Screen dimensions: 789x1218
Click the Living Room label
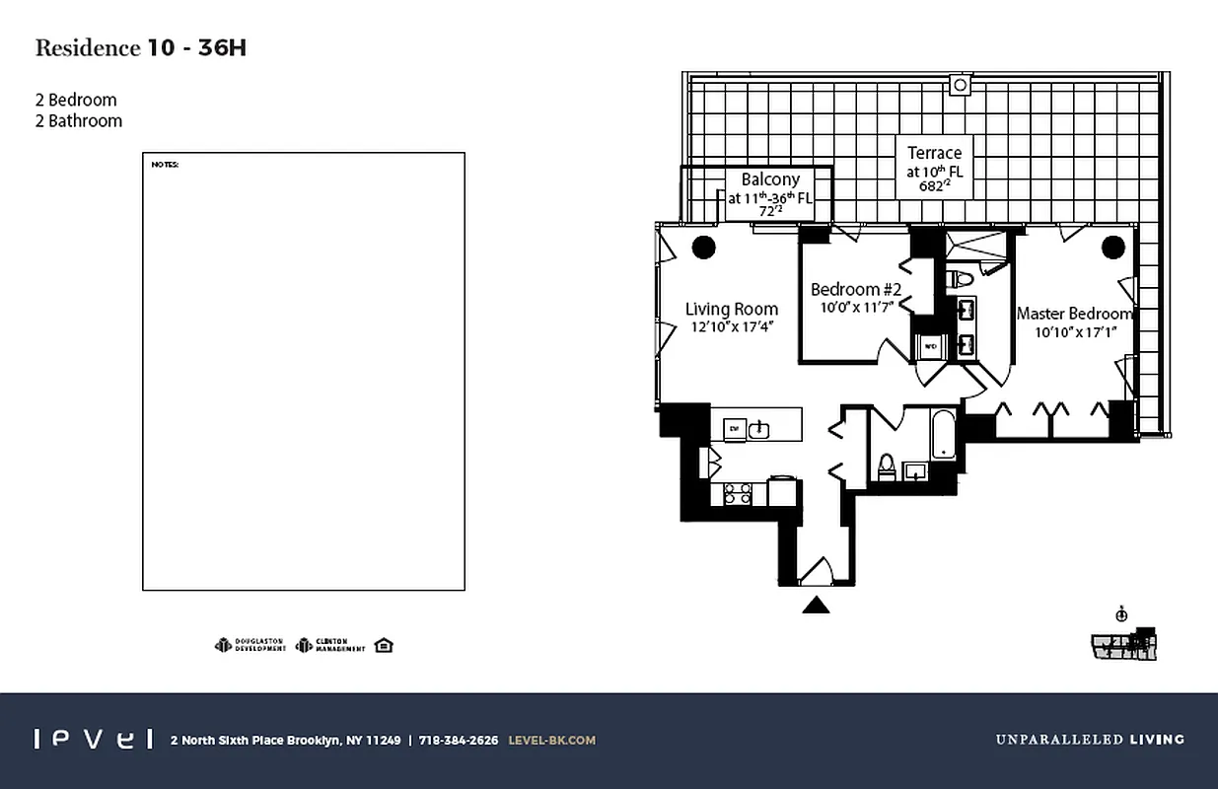click(x=731, y=310)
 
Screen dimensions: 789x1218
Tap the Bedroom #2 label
click(x=856, y=289)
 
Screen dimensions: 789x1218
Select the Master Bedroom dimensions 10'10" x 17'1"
click(x=1075, y=332)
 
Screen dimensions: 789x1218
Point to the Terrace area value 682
click(x=932, y=186)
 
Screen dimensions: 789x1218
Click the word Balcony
click(x=770, y=179)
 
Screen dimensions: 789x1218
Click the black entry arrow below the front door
click(x=816, y=605)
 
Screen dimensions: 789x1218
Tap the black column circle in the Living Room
click(x=703, y=247)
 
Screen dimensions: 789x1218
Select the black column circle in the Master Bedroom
click(x=1113, y=247)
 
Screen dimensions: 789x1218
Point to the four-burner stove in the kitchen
click(x=737, y=493)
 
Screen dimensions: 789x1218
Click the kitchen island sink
click(x=758, y=429)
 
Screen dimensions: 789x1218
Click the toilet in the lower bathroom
click(x=885, y=466)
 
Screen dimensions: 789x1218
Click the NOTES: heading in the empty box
click(x=165, y=165)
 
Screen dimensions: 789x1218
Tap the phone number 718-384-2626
click(x=459, y=740)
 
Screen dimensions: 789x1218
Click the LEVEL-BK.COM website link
click(x=551, y=740)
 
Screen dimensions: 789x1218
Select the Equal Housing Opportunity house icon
click(x=384, y=645)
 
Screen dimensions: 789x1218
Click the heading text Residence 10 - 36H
click(x=140, y=48)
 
